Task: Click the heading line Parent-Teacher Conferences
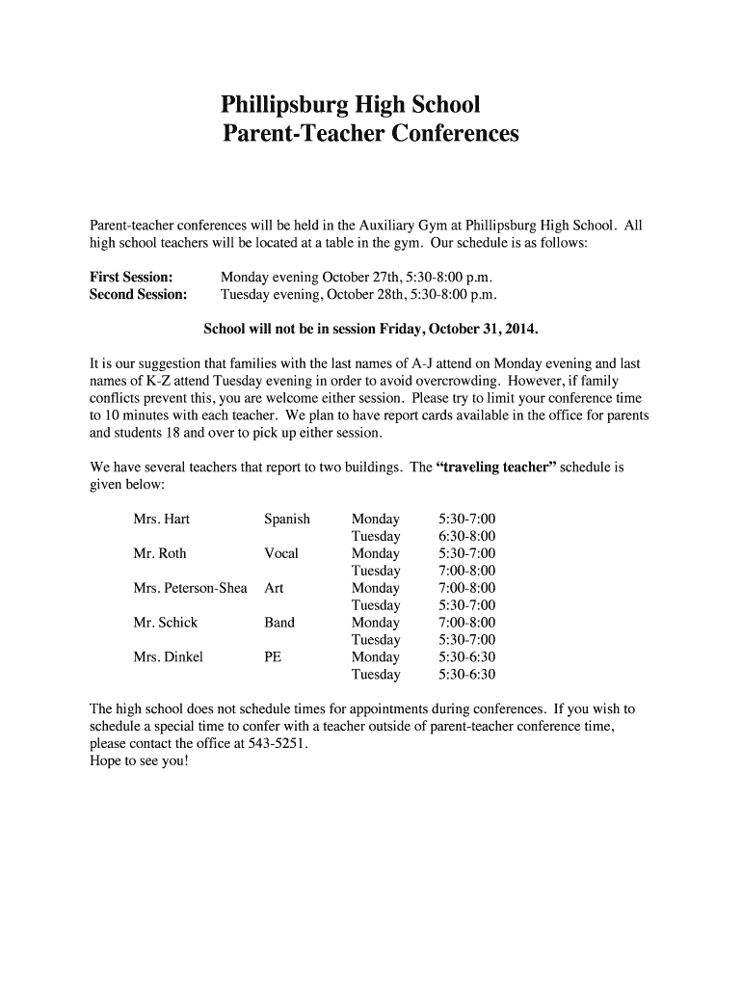coord(370,134)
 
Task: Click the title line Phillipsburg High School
coord(350,103)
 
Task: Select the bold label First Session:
coord(131,277)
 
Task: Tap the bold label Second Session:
coord(138,294)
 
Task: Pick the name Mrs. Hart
coord(162,519)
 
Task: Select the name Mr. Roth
coord(160,553)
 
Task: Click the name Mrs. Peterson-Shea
coord(191,588)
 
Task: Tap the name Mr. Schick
coord(166,623)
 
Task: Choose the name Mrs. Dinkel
coord(169,657)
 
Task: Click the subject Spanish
coord(287,519)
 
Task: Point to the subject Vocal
coord(281,553)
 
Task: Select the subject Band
coord(279,623)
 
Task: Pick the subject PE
coord(273,657)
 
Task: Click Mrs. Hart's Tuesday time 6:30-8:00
coord(466,536)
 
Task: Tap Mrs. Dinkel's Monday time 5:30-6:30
coord(466,657)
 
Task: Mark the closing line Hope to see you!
coord(140,761)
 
